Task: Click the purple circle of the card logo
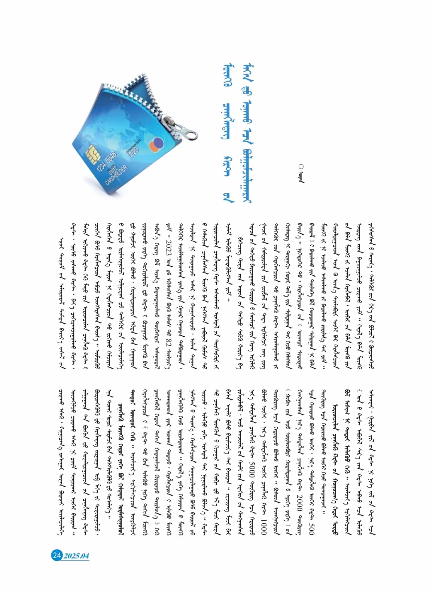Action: click(x=158, y=142)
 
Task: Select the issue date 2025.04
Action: click(x=76, y=555)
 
